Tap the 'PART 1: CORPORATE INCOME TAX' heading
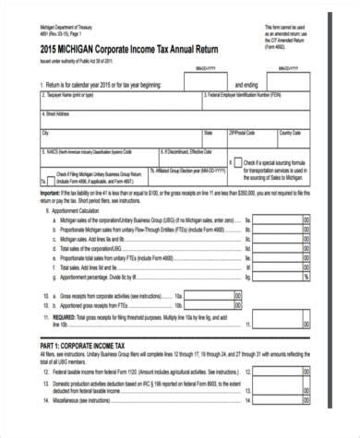(x=82, y=340)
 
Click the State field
(x=213, y=137)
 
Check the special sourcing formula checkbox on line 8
(x=238, y=162)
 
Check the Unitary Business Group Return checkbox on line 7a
(x=46, y=174)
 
